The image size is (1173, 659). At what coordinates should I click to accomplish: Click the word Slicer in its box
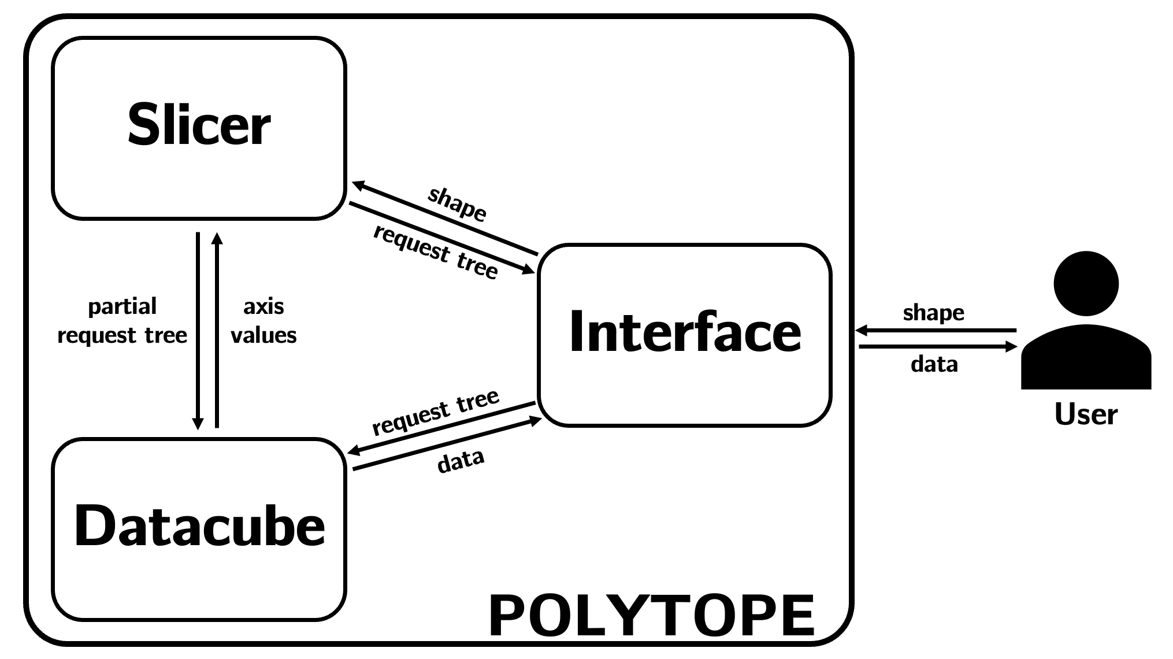199,125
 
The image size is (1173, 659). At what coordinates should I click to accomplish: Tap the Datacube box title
199,527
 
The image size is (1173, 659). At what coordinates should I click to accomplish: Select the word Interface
685,332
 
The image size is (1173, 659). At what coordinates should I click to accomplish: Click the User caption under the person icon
1086,414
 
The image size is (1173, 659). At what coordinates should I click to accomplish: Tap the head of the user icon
1086,283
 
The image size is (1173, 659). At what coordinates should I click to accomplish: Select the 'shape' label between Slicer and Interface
457,204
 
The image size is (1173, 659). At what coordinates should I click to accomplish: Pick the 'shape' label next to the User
933,313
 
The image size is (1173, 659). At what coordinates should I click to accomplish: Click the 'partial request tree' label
122,321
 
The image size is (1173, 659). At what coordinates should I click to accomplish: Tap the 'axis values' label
263,321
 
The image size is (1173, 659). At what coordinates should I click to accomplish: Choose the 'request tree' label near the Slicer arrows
436,252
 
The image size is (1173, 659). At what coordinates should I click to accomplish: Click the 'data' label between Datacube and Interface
461,461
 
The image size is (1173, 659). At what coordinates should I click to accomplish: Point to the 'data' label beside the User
934,364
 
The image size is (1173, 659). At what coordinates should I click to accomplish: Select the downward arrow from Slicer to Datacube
198,329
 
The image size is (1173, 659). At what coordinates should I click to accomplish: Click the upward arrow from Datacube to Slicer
217,329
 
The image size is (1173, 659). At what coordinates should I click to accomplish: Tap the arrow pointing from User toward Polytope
936,331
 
